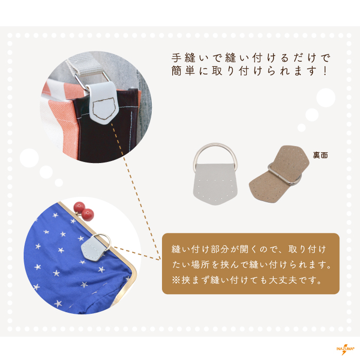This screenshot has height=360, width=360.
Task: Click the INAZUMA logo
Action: (345, 349)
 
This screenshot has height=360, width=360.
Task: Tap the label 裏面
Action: (320, 155)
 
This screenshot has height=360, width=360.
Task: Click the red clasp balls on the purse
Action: (84, 210)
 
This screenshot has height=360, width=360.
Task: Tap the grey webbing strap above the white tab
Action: (85, 63)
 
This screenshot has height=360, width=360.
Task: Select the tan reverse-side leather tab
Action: (279, 174)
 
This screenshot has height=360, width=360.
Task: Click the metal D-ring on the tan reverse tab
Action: (285, 174)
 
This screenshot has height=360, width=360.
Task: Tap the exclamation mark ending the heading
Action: (325, 71)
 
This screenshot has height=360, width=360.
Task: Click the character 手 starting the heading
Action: (177, 58)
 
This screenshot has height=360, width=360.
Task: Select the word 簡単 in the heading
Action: (183, 71)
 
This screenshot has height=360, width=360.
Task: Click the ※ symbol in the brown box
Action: (176, 280)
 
